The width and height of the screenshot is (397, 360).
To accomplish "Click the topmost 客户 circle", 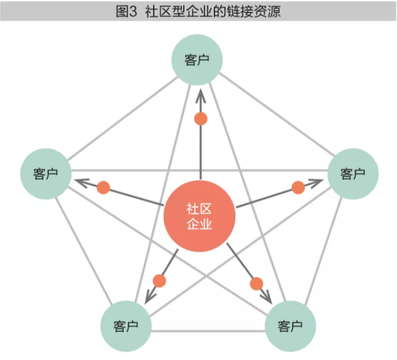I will coord(197,60).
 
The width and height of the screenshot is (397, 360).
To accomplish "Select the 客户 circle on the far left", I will coord(45,173).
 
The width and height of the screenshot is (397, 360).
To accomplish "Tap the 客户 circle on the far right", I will coord(353,173).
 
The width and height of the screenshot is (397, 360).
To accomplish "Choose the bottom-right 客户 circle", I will coord(290,325).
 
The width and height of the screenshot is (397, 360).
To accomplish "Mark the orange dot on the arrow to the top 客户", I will coord(201,119).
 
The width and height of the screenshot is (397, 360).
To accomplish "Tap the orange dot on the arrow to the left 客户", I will coord(103,188).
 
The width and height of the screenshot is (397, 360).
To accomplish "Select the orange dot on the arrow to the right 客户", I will coord(298,188).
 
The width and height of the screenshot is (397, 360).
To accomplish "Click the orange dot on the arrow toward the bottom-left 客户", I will coord(159,281).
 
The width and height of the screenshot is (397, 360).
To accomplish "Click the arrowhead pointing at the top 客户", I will coord(201,95).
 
